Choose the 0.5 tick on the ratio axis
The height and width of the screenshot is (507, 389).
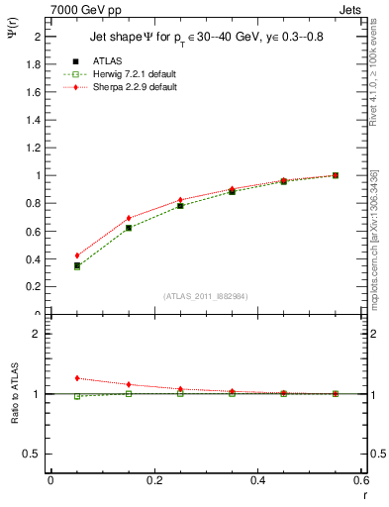tap(33, 454)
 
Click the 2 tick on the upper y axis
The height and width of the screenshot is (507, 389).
tap(40, 37)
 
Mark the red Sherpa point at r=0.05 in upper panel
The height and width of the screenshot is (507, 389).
tap(77, 255)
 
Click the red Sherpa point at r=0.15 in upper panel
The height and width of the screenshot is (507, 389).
tap(129, 218)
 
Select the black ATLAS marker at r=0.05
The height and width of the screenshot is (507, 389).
tap(77, 265)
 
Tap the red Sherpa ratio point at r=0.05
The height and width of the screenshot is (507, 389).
tap(77, 378)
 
